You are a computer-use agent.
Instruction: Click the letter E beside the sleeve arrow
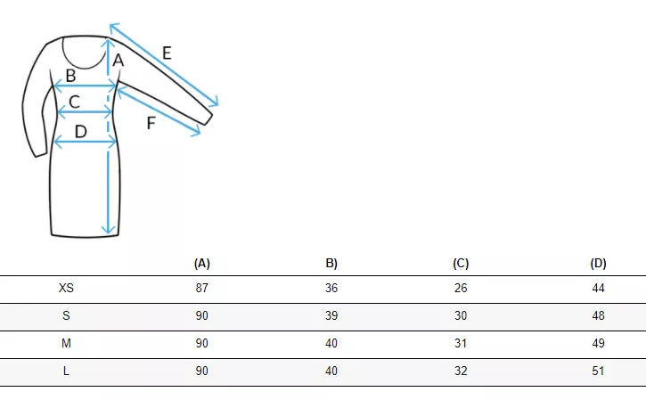[167, 53]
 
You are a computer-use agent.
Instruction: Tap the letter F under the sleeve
[151, 123]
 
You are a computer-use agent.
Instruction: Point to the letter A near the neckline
[119, 61]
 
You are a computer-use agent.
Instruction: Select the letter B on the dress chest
[71, 76]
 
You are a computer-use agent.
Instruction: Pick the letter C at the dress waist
[74, 102]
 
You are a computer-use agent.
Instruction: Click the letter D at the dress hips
[81, 132]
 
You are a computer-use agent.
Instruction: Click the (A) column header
[202, 263]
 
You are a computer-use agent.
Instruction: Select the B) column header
[331, 263]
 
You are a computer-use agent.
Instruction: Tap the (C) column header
[461, 263]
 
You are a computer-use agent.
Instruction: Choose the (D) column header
[598, 263]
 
